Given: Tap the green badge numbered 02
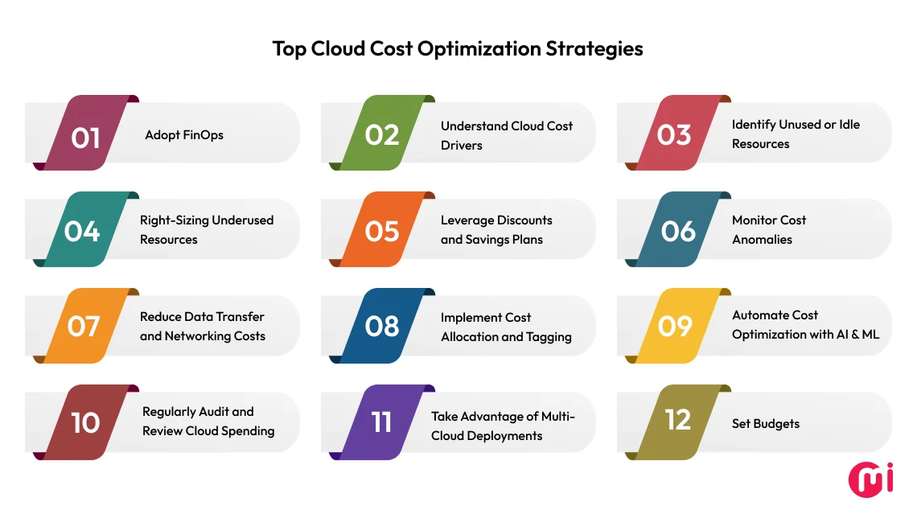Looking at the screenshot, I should pyautogui.click(x=381, y=134).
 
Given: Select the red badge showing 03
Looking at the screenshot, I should pyautogui.click(x=673, y=134).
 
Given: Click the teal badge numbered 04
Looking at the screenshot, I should pyautogui.click(x=83, y=231).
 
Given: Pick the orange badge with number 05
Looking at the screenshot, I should pyautogui.click(x=381, y=231).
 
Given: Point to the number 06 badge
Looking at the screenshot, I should pyautogui.click(x=677, y=231).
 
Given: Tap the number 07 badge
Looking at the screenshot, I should pyautogui.click(x=84, y=327).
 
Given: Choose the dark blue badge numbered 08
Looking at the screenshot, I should pyautogui.click(x=381, y=327).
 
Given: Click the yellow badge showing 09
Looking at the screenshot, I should pyautogui.click(x=674, y=326).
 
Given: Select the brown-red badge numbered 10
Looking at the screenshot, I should pyautogui.click(x=85, y=422).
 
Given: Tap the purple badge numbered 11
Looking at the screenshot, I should pyautogui.click(x=381, y=422).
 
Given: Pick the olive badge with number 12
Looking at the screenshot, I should pyautogui.click(x=677, y=419).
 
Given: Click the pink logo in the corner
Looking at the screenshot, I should pyautogui.click(x=870, y=479).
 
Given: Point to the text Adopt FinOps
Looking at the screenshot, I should pyautogui.click(x=184, y=135).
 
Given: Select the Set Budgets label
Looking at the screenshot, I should pyautogui.click(x=766, y=424).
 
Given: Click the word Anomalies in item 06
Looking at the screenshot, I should pyautogui.click(x=762, y=240).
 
